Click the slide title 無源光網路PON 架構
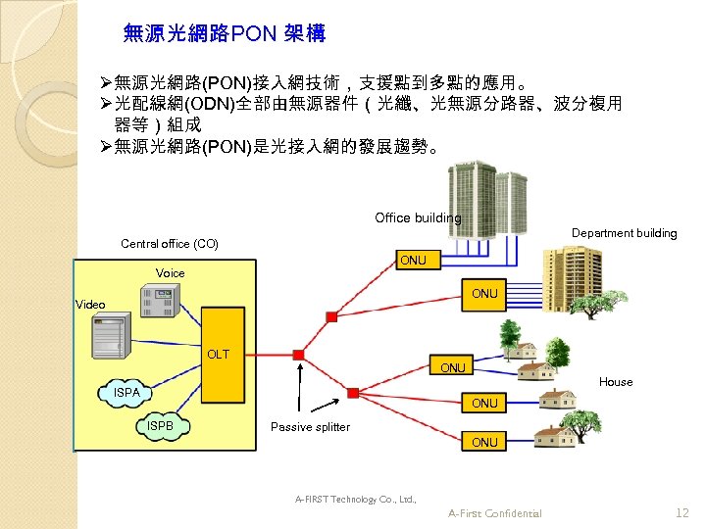(225, 34)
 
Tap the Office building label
(418, 217)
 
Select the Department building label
(624, 233)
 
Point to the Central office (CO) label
(170, 244)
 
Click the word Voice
(170, 272)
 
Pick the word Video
(90, 305)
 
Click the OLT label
(217, 354)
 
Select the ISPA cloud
(127, 392)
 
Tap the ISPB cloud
(159, 426)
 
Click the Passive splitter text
(310, 427)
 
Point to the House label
(616, 382)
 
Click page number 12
(682, 512)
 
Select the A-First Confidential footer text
(494, 513)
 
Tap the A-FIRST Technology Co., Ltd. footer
(356, 500)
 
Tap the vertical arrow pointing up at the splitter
(297, 411)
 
